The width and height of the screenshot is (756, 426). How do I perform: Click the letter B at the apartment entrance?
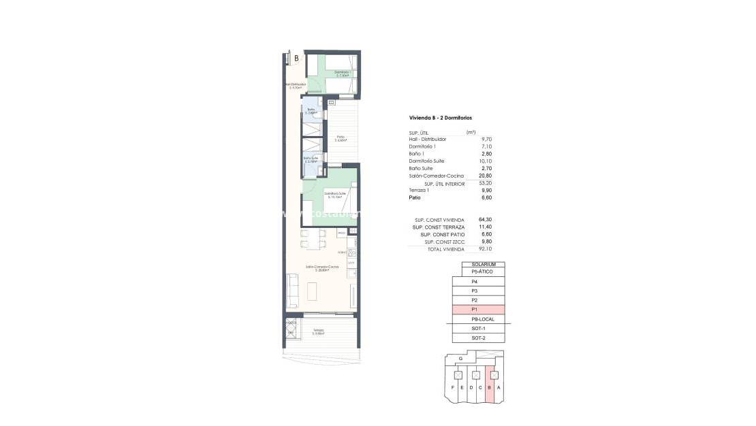(296, 59)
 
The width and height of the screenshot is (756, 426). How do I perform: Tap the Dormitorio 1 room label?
(342, 73)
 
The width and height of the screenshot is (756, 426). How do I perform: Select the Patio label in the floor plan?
(340, 138)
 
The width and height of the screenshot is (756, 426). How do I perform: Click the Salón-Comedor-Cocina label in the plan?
(317, 269)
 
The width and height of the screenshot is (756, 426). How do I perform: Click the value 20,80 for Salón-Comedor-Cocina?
(486, 176)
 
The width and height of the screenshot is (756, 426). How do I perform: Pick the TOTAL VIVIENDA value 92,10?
(485, 249)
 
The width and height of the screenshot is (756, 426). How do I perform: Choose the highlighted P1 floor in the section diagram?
(478, 310)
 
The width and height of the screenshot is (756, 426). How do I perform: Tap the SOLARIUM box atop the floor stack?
(483, 264)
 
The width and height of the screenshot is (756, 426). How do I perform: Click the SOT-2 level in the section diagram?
(478, 338)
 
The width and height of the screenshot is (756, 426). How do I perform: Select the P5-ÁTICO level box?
(483, 272)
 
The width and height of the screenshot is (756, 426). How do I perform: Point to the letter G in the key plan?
(461, 358)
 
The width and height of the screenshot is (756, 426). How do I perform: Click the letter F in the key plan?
(453, 388)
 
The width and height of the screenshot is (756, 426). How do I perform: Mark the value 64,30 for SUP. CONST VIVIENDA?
(485, 220)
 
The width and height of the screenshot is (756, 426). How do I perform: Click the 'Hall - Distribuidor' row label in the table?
(428, 139)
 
